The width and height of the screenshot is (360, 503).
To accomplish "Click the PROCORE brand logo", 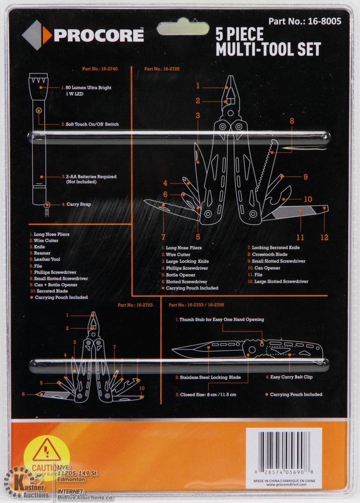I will pyautogui.click(x=83, y=35).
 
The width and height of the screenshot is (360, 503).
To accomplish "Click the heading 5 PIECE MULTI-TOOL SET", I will pyautogui.click(x=267, y=42).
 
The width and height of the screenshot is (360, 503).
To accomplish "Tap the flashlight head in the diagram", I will pyautogui.click(x=38, y=80).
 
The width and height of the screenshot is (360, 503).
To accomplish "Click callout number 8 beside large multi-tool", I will pyautogui.click(x=292, y=121).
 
